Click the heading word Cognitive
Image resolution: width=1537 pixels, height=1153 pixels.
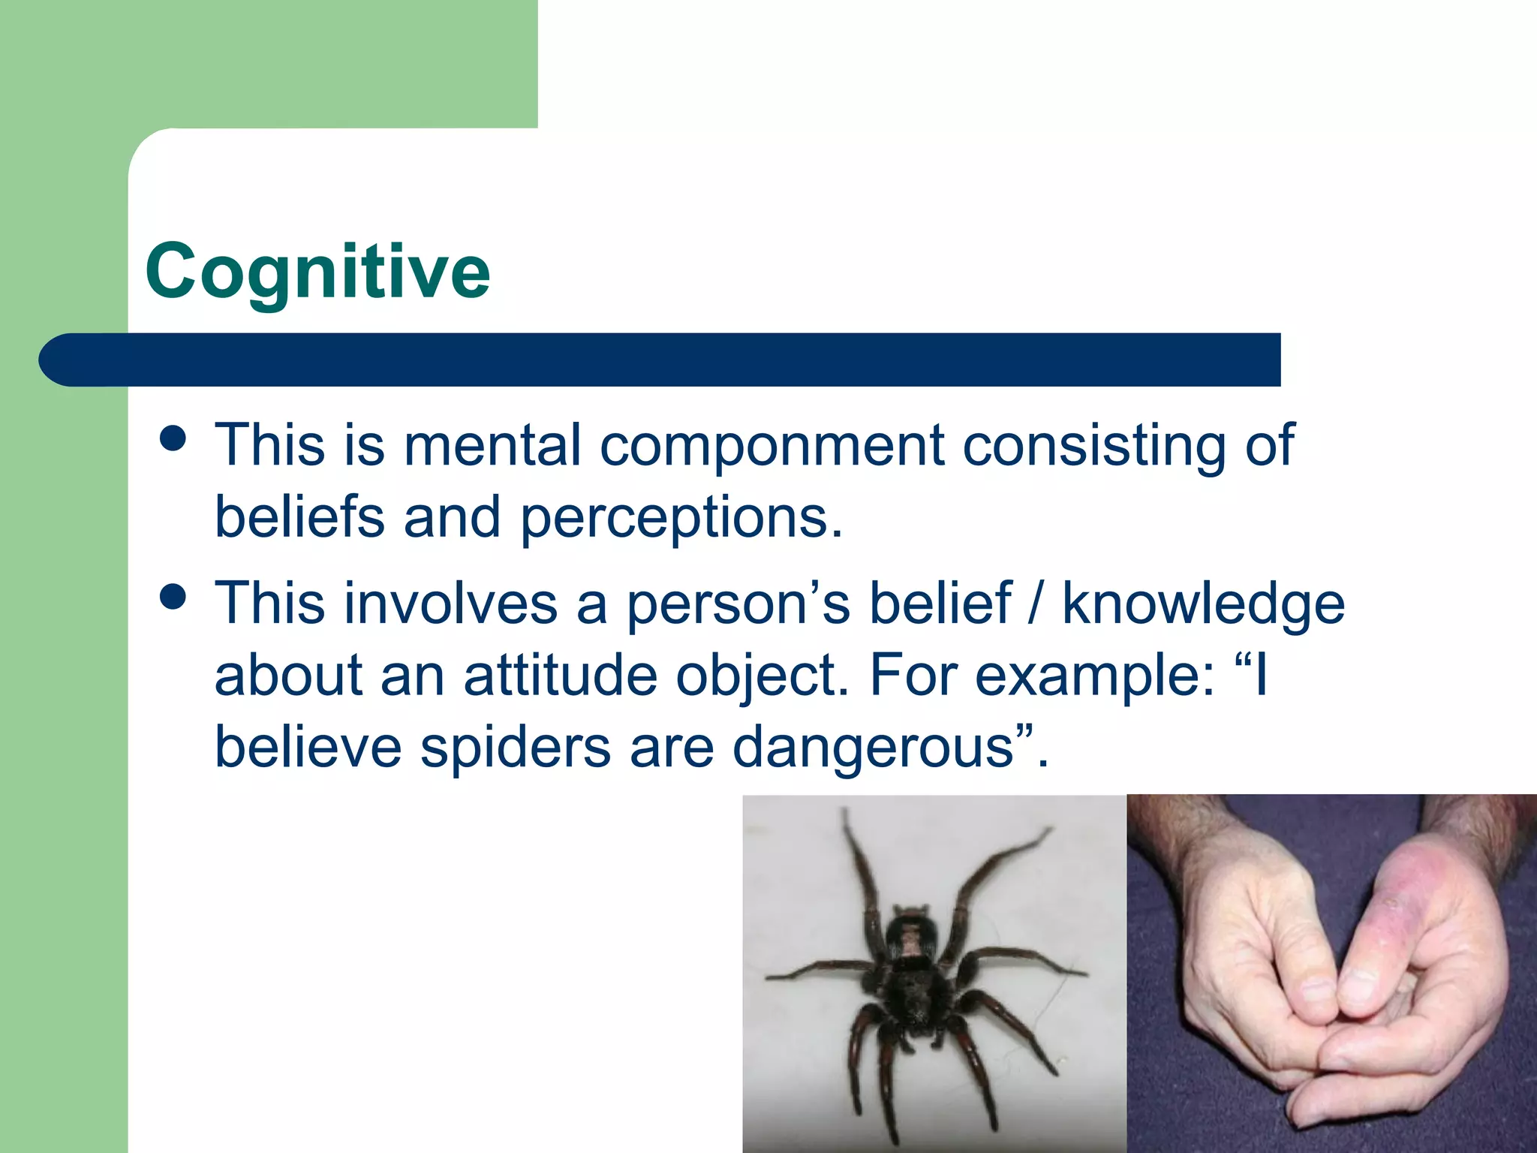click(x=317, y=272)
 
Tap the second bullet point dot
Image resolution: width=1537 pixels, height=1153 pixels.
click(x=173, y=598)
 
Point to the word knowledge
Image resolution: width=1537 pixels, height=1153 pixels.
click(x=1203, y=604)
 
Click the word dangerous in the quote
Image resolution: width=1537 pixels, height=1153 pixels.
click(x=873, y=748)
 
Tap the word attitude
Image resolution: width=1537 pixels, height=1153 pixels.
click(x=560, y=675)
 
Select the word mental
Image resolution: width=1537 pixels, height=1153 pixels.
click(x=492, y=446)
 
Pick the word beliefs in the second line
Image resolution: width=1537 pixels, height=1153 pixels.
click(x=299, y=518)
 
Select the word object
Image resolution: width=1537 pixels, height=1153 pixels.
click(x=761, y=676)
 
